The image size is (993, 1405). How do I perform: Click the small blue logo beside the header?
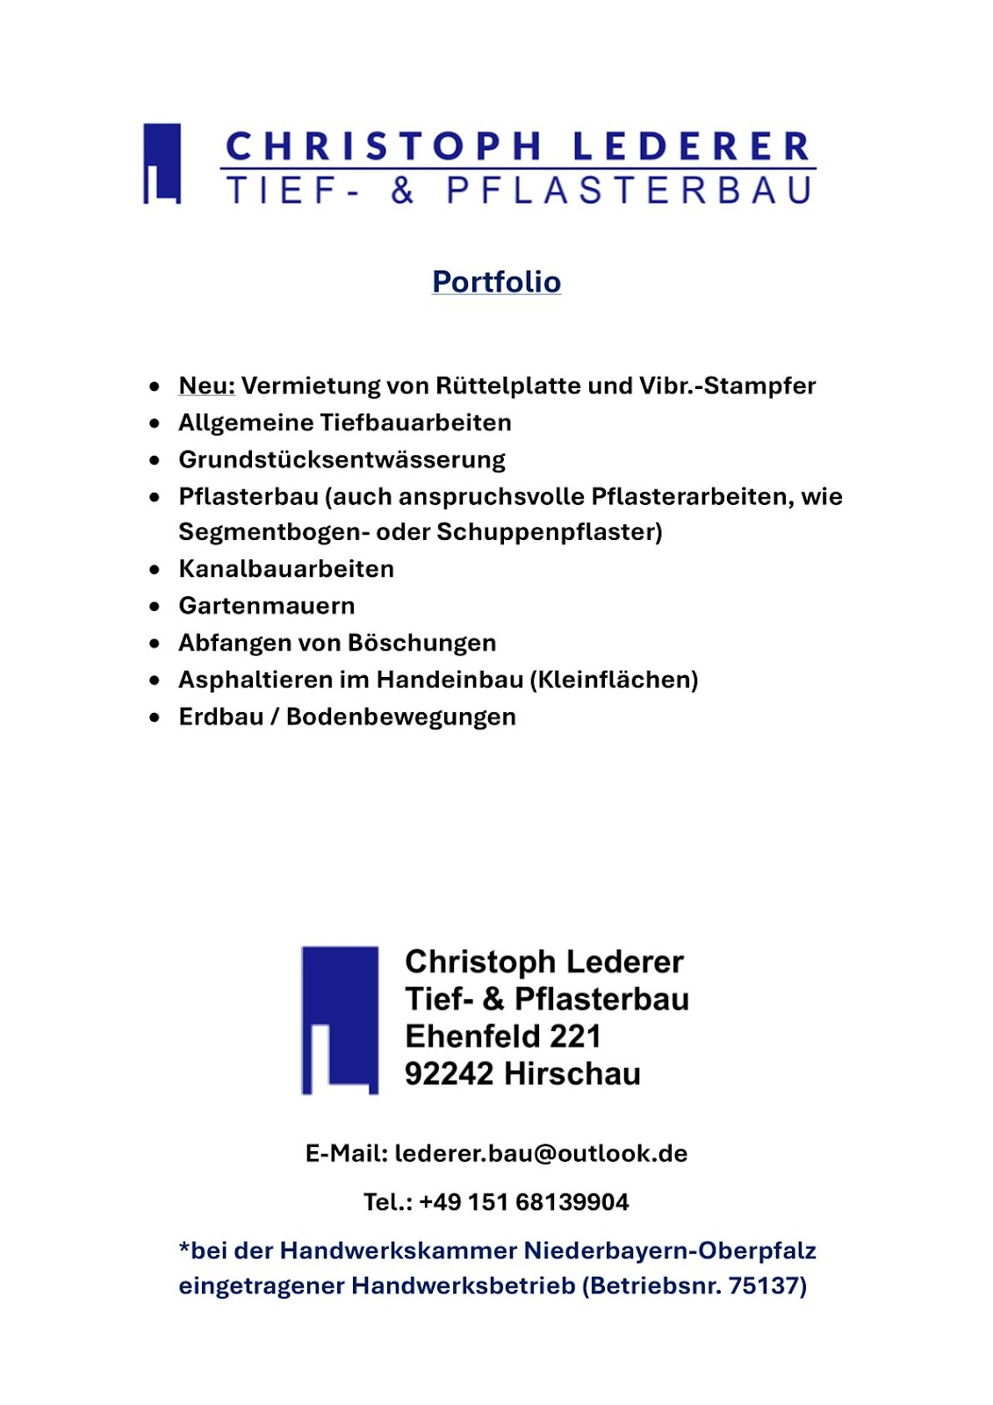coord(162,163)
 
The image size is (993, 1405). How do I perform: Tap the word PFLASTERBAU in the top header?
coord(630,191)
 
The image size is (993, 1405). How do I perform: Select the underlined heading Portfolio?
coord(496,282)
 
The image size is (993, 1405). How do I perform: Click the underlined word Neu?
coord(206,385)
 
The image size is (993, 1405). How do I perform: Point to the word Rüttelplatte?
coord(508,385)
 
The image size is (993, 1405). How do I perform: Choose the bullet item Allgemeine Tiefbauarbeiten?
coord(344,422)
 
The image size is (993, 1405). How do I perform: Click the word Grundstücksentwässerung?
coord(342,459)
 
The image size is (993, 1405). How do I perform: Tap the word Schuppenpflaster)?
coord(550,532)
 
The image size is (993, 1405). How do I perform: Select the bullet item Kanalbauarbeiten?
coord(286,569)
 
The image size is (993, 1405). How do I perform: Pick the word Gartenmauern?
coord(267,606)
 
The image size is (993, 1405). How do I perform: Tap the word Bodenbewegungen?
coord(401,717)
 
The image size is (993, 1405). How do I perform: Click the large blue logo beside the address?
coord(340,1020)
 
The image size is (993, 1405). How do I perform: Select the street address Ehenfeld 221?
coord(503,1036)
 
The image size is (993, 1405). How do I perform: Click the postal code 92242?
coord(449,1074)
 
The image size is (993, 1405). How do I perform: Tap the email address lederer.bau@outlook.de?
coord(541,1153)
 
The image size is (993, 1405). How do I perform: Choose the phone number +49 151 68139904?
coord(524,1202)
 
